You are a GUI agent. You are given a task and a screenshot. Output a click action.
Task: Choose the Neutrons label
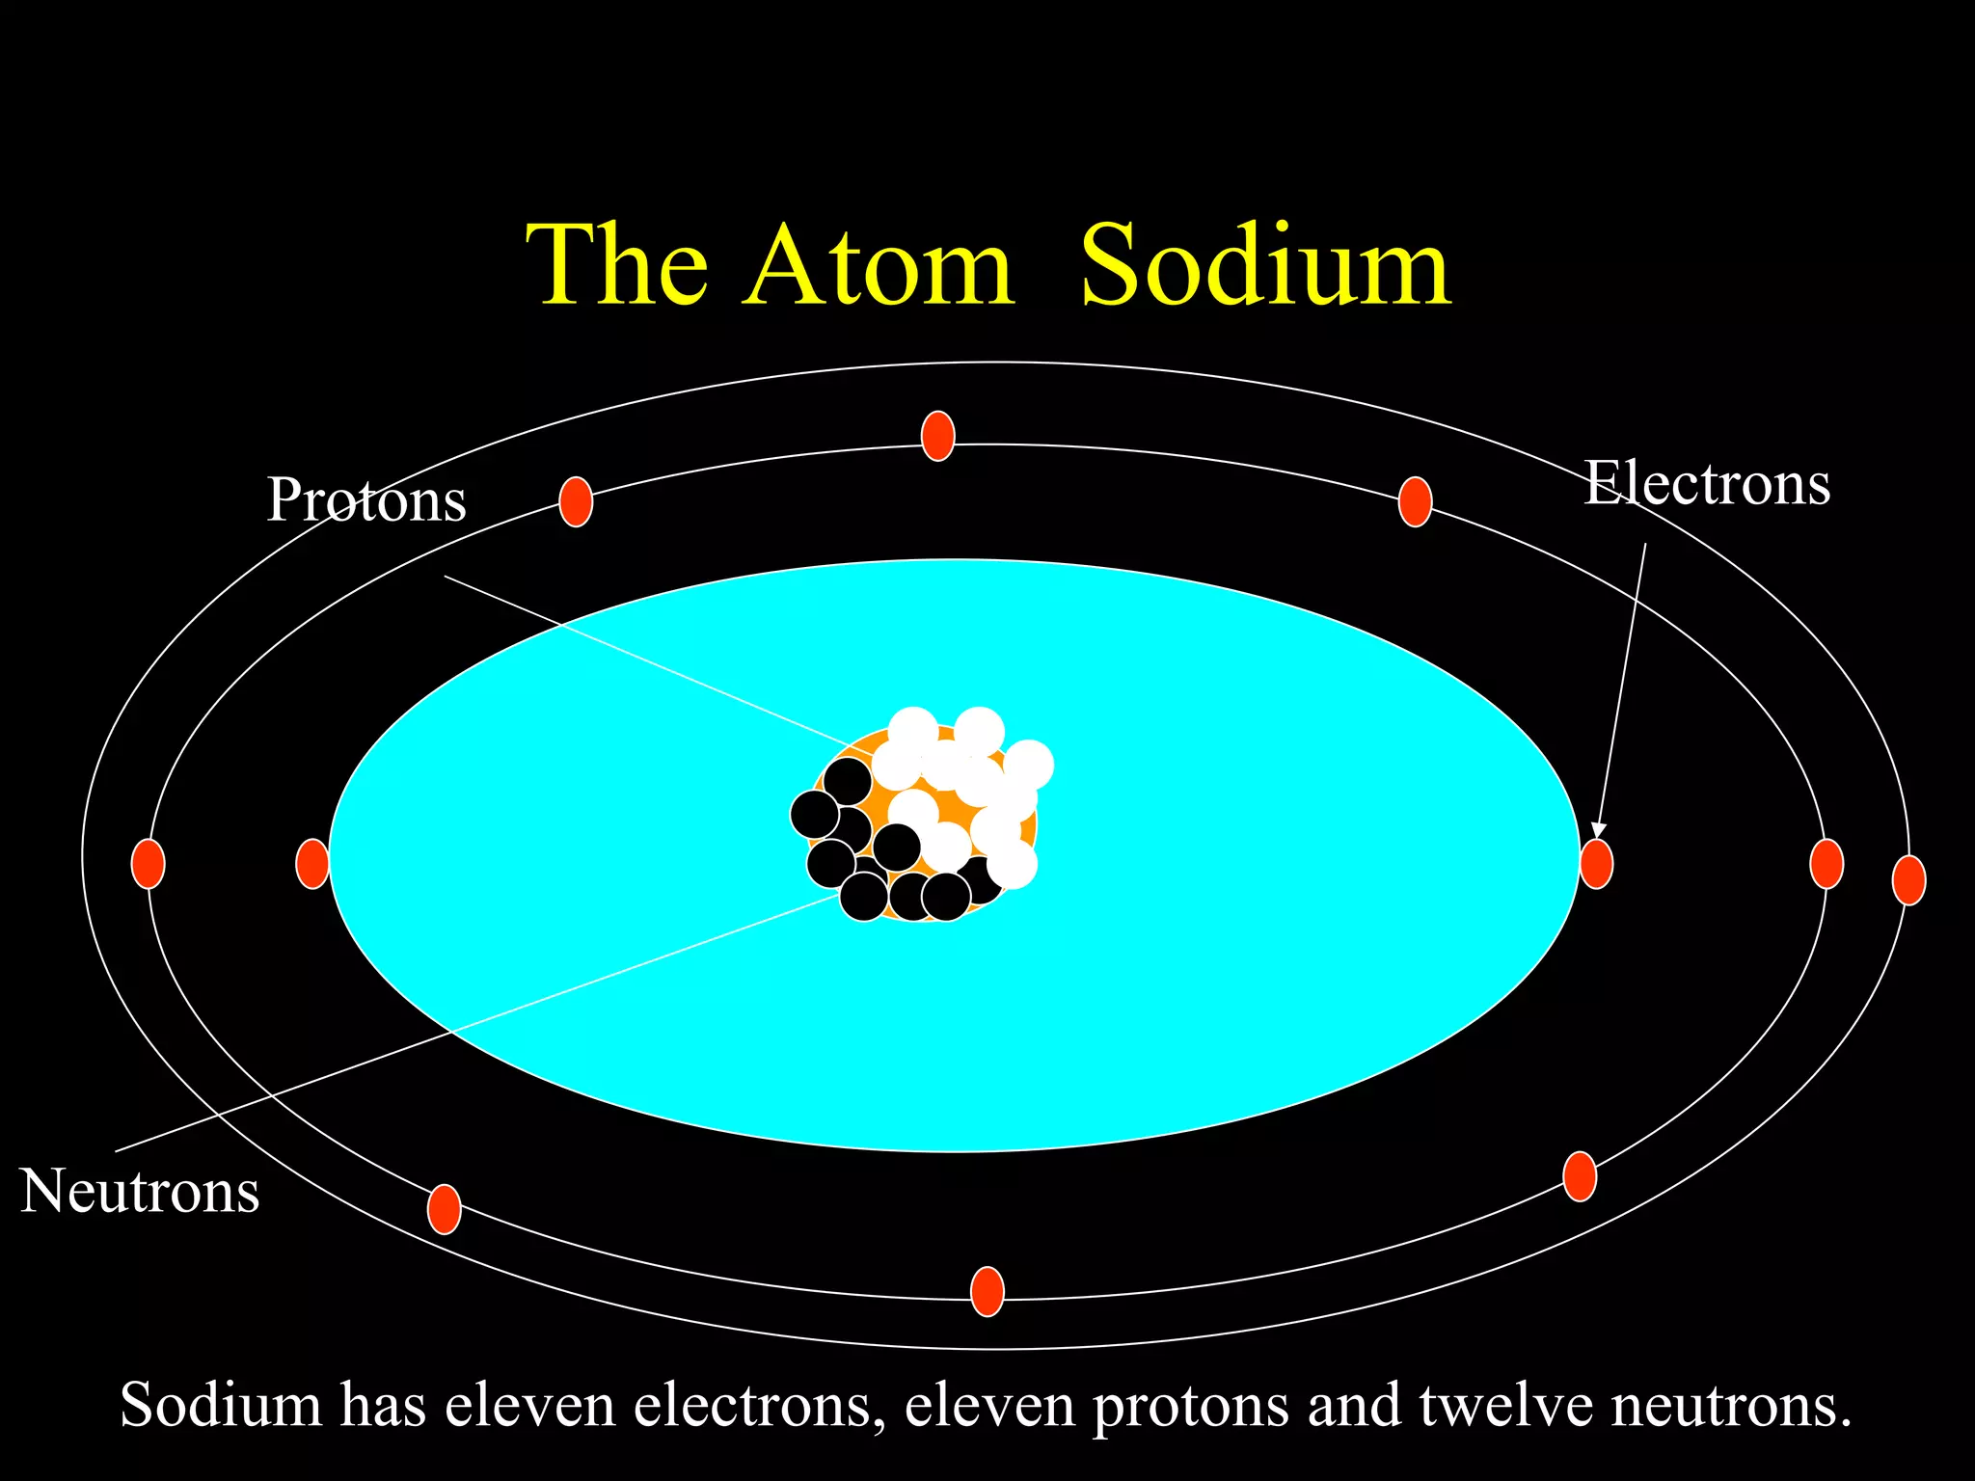pos(140,1191)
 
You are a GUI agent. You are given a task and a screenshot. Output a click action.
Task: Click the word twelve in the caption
pos(1506,1405)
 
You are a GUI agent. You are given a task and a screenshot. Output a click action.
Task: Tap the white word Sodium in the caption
pos(220,1405)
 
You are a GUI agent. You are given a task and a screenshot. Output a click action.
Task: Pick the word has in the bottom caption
pos(383,1405)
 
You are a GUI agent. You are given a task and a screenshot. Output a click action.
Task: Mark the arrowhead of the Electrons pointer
pos(1598,830)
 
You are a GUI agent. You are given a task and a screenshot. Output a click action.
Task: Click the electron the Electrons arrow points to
pos(1596,864)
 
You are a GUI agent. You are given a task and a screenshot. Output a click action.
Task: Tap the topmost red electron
pos(938,436)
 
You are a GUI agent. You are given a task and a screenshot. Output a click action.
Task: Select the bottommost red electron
pos(987,1292)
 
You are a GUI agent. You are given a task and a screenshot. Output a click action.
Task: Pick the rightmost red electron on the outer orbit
pos(1909,880)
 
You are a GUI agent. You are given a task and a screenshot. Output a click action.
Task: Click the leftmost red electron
pos(149,864)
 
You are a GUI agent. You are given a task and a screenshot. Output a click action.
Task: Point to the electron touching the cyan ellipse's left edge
pos(312,864)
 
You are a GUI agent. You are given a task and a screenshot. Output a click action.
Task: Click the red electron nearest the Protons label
pos(576,501)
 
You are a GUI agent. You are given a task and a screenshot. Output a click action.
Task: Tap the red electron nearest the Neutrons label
pos(444,1209)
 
